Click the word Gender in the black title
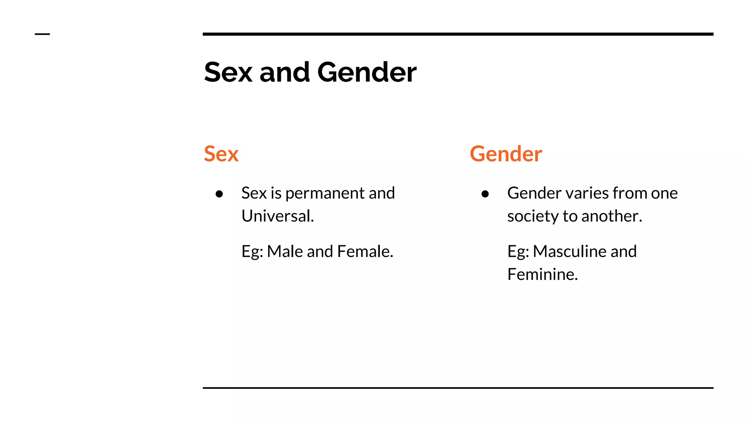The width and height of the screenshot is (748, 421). (x=367, y=72)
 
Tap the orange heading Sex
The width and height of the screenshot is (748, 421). (x=221, y=154)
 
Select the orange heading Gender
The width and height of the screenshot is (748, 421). (x=506, y=154)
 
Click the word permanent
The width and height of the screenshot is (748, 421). (x=325, y=193)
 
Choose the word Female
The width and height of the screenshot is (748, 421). (x=365, y=251)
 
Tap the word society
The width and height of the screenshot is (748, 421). (x=533, y=216)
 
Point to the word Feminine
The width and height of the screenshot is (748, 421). (x=542, y=274)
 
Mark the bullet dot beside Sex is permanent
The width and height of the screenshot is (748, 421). (x=219, y=194)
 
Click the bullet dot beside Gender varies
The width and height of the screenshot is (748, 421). (x=485, y=194)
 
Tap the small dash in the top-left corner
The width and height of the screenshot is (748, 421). (x=42, y=34)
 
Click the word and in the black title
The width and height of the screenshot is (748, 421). (x=285, y=72)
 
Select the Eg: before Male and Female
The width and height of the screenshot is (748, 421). (x=252, y=252)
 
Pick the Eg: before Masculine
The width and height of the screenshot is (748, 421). (x=518, y=252)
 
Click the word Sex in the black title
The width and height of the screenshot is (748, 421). (x=228, y=72)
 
